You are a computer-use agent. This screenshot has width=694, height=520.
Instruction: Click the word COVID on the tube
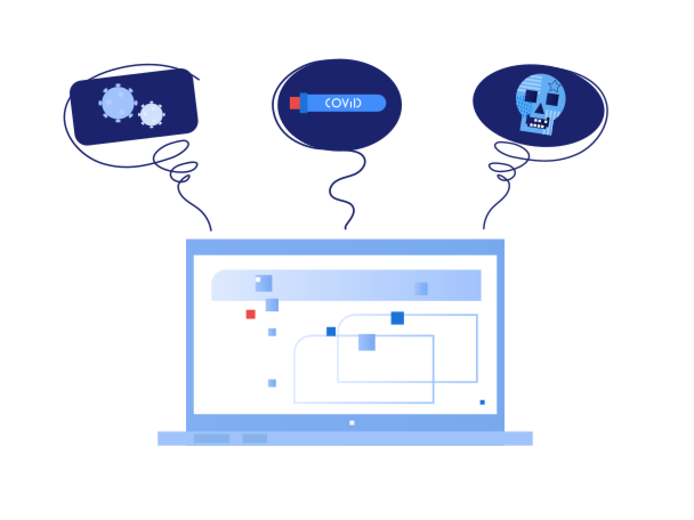tap(343, 103)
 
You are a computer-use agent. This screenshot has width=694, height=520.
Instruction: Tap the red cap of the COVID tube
tap(294, 103)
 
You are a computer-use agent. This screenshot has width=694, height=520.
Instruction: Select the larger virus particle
tap(118, 103)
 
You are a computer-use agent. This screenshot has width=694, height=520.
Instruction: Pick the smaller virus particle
tap(152, 114)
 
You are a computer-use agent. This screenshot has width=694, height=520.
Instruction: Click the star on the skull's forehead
tap(554, 86)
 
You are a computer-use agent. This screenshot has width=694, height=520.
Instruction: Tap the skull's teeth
tap(538, 123)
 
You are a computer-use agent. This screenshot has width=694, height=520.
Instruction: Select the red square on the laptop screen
tap(250, 314)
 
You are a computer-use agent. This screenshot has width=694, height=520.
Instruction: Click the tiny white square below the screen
tap(352, 423)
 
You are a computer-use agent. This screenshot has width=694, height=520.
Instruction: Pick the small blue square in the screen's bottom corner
tap(482, 403)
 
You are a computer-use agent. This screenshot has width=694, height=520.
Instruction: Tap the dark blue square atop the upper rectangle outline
tap(397, 318)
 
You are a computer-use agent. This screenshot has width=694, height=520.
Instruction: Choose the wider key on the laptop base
tap(211, 438)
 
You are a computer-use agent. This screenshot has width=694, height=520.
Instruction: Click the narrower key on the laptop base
tap(255, 438)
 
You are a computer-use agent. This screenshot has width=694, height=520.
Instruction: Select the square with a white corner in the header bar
tap(264, 283)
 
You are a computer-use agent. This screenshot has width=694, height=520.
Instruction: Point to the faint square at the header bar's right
tap(421, 289)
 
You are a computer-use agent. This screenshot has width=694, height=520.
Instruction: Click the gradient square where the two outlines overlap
tap(366, 342)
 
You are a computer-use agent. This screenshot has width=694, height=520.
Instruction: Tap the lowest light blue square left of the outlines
tap(272, 383)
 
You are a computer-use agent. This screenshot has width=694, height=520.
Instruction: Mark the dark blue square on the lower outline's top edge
tap(331, 331)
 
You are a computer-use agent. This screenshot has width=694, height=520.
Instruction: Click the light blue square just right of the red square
tap(272, 305)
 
